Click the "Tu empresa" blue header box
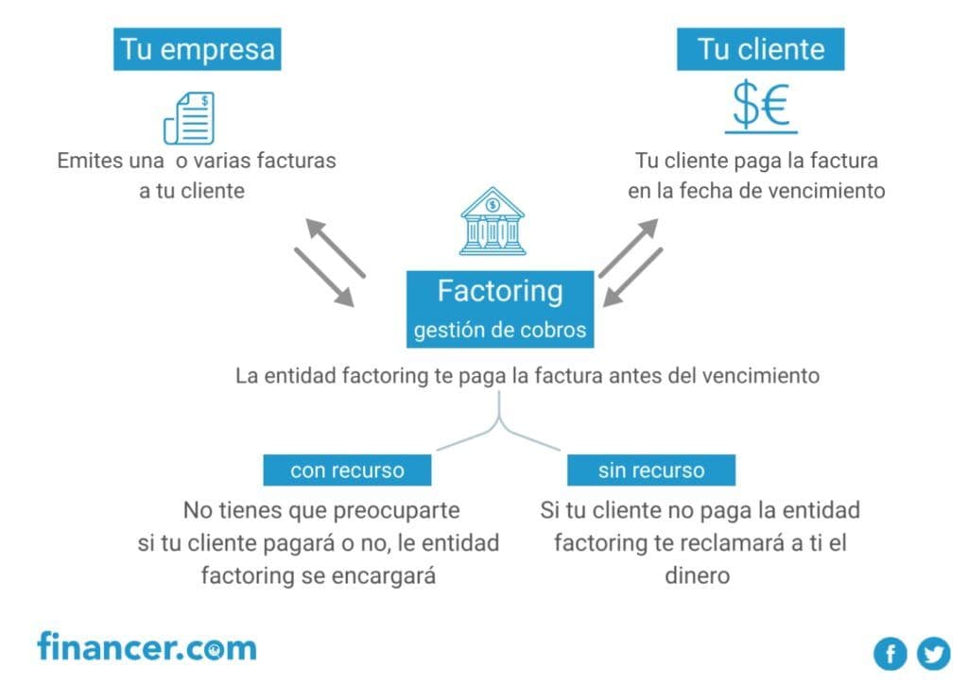[198, 49]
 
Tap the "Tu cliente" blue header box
[760, 49]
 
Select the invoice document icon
[189, 117]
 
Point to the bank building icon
[492, 221]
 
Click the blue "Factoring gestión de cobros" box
[500, 308]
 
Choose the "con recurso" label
[347, 470]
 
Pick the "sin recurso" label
[650, 470]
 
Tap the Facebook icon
[890, 653]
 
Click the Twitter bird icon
[933, 653]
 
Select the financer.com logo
[147, 648]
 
